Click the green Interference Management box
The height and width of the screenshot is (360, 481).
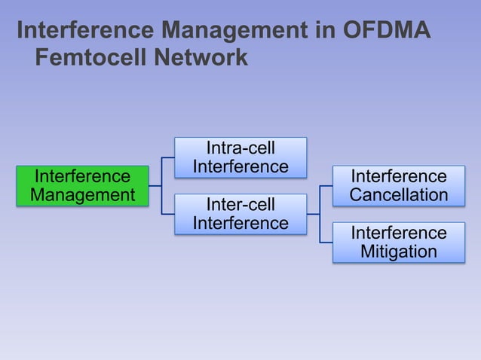tap(82, 185)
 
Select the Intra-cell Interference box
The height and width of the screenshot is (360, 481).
tap(240, 157)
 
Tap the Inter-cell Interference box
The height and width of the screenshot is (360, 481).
tap(240, 214)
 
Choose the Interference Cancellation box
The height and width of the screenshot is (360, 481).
tap(399, 185)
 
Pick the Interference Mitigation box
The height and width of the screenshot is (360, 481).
tap(399, 242)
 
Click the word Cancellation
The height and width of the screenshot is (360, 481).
tap(399, 195)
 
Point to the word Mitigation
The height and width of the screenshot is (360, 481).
tap(399, 252)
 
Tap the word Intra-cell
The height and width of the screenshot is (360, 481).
tap(240, 148)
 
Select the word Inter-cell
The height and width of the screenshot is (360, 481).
tap(240, 205)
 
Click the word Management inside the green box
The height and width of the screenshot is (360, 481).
tap(82, 195)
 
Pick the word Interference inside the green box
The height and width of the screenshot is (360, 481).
tap(82, 176)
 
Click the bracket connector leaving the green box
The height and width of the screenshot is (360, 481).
tap(161, 185)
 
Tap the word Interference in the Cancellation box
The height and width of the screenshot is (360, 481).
tap(399, 176)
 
